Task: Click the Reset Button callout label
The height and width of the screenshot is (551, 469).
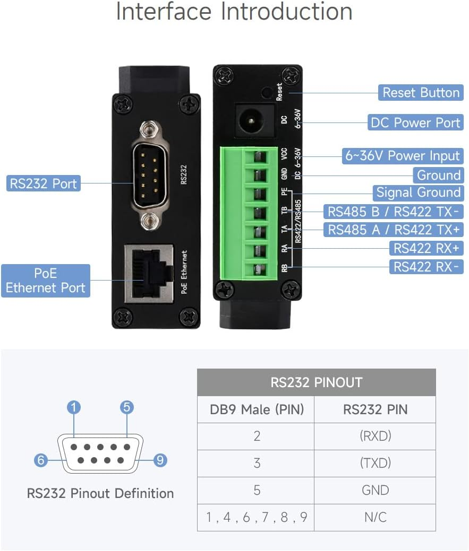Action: (x=421, y=93)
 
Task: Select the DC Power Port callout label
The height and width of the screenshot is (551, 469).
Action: (x=415, y=123)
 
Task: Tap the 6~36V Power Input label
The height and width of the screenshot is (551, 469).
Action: (x=402, y=156)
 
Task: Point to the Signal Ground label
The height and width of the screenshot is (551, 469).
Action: (x=418, y=193)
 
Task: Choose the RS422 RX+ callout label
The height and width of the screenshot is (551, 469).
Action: (x=426, y=248)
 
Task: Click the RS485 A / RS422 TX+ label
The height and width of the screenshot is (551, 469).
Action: (x=393, y=230)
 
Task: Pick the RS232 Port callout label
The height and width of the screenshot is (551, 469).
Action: (x=43, y=184)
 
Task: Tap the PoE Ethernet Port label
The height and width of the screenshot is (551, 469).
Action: (x=45, y=281)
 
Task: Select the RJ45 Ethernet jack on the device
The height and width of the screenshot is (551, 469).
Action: (x=149, y=273)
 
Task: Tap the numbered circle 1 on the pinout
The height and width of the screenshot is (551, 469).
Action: (x=74, y=407)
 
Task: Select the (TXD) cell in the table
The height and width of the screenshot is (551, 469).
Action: (x=375, y=463)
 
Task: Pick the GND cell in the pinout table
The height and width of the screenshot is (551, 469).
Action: (x=375, y=490)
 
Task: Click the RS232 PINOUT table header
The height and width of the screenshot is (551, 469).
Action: (x=316, y=382)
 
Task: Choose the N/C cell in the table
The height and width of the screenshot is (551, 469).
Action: (x=375, y=517)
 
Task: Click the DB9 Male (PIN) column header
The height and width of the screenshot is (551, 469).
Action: (x=257, y=409)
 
